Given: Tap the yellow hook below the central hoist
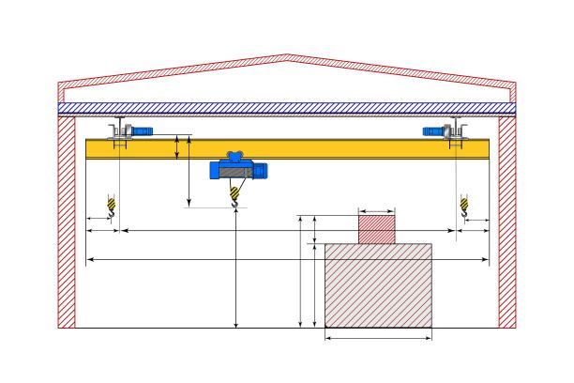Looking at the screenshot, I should pyautogui.click(x=235, y=196).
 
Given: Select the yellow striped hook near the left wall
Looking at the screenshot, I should pyautogui.click(x=113, y=206).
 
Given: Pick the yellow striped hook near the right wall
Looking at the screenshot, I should pyautogui.click(x=462, y=206).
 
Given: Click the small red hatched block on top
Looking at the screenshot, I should pyautogui.click(x=376, y=229).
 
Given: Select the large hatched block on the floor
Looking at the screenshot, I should pyautogui.click(x=378, y=285).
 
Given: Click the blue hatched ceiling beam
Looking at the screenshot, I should pyautogui.click(x=287, y=109).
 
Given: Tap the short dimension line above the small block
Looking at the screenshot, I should pyautogui.click(x=376, y=212).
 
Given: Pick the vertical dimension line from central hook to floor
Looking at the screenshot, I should pyautogui.click(x=235, y=272).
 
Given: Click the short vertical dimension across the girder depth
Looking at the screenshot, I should pyautogui.click(x=177, y=147).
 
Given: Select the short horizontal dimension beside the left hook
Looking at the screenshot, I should pyautogui.click(x=99, y=221).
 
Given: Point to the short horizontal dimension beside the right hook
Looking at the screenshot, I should pyautogui.click(x=476, y=221).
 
